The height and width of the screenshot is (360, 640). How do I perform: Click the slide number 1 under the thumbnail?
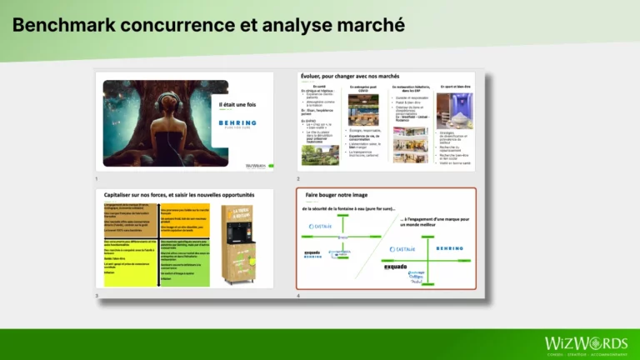point(97,178)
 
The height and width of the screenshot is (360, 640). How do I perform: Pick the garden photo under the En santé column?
point(320,155)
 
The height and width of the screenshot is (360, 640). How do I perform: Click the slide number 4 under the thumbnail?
point(299,295)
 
